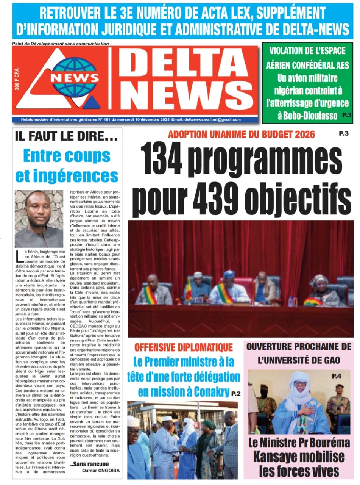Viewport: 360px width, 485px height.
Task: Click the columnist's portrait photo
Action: (x=39, y=219)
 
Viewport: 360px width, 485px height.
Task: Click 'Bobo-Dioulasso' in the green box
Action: (x=307, y=115)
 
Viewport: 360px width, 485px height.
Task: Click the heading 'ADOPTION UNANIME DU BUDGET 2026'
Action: (x=242, y=134)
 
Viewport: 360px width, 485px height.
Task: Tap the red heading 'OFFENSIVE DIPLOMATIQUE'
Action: (x=184, y=346)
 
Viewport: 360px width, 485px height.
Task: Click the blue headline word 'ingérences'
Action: (x=67, y=175)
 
